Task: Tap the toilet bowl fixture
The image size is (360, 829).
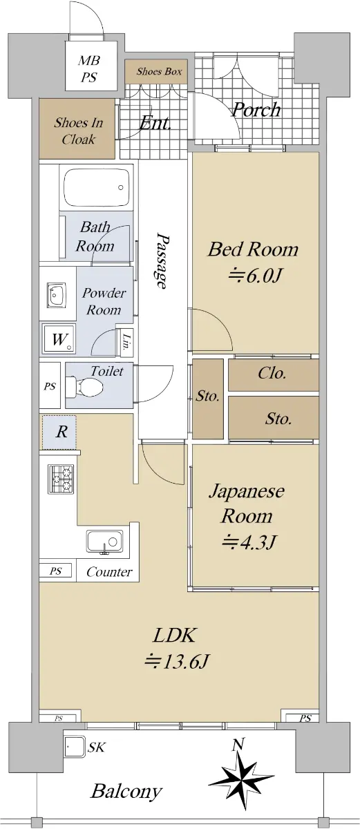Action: click(x=84, y=386)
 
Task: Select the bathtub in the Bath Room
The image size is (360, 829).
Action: click(x=97, y=189)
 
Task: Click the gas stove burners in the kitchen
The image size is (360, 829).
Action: click(x=61, y=479)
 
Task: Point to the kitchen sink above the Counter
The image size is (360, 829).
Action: click(x=105, y=542)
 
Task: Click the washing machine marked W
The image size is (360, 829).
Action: click(x=59, y=339)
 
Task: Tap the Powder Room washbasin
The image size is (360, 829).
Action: click(x=56, y=296)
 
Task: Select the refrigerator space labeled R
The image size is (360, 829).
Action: click(x=59, y=432)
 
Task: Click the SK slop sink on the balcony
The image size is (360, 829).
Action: click(x=75, y=747)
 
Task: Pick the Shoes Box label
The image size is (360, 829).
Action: click(x=159, y=71)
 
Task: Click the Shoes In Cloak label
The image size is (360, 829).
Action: click(x=79, y=131)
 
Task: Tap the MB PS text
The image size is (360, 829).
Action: click(x=89, y=69)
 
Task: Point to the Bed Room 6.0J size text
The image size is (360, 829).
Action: click(x=255, y=276)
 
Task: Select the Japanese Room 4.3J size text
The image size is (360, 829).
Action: click(x=249, y=542)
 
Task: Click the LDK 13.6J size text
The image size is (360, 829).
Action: click(x=177, y=661)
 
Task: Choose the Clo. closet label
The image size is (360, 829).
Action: click(x=272, y=373)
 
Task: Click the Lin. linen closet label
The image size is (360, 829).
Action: click(x=126, y=343)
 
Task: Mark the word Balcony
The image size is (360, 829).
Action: click(x=126, y=791)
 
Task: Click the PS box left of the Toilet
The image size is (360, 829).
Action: click(x=50, y=386)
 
